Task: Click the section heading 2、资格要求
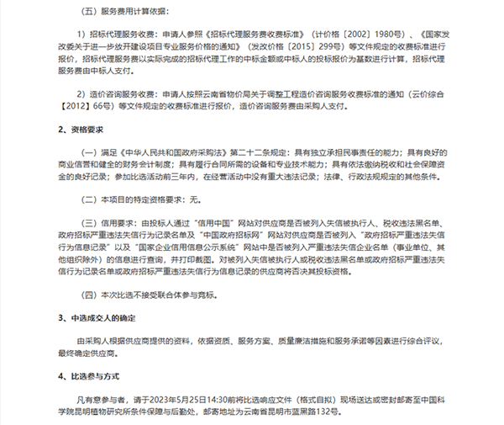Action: click(x=84, y=130)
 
